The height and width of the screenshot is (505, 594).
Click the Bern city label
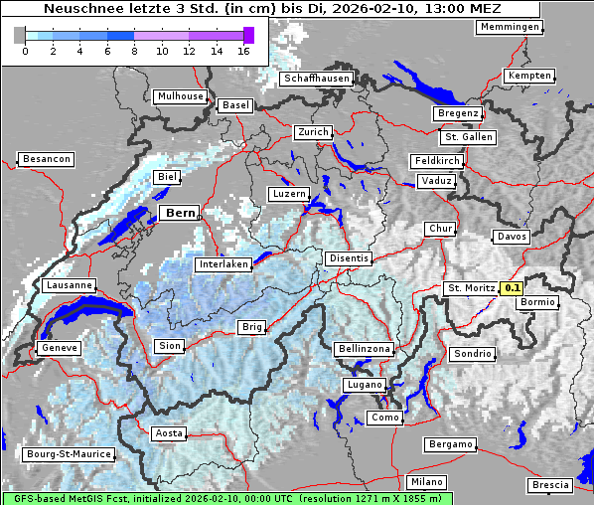[x=180, y=213]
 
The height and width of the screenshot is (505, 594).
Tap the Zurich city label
[x=312, y=132]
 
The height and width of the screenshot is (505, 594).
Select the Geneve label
[x=58, y=348]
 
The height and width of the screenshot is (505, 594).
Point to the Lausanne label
[x=69, y=285]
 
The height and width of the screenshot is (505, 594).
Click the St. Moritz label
[x=470, y=288]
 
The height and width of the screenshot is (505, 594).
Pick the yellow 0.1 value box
[x=512, y=288]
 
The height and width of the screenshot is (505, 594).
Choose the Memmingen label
[x=510, y=27]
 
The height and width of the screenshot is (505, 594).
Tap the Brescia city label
[x=550, y=484]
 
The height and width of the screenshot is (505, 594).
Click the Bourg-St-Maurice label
[x=69, y=454]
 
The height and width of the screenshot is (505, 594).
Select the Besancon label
[x=46, y=159]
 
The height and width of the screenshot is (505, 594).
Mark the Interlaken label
[x=223, y=264]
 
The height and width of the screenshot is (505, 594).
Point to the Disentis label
[x=348, y=258]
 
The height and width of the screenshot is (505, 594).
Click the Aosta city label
[x=168, y=433]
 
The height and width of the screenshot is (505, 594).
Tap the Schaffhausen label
[x=316, y=79]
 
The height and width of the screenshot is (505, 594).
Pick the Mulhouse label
[x=179, y=96]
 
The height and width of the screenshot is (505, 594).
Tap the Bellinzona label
[x=365, y=349]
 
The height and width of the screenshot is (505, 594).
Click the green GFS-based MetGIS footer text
[x=226, y=498]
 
